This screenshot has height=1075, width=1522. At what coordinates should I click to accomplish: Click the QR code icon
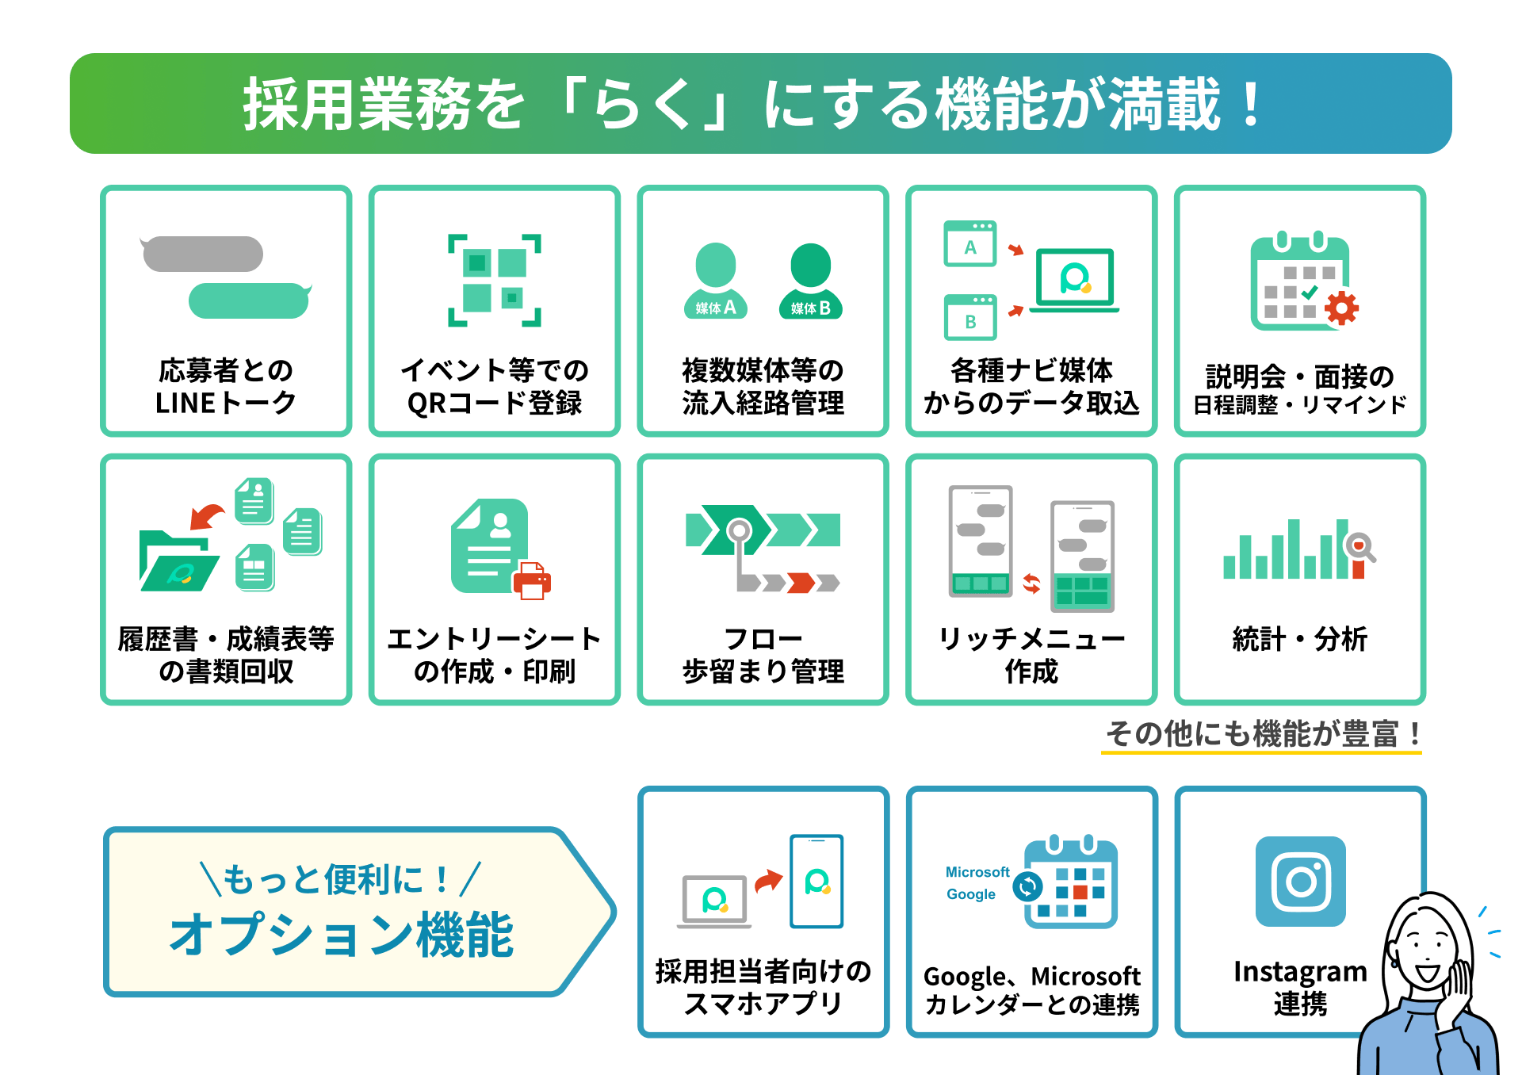pyautogui.click(x=495, y=280)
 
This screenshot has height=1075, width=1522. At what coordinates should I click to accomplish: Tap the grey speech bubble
pyautogui.click(x=203, y=254)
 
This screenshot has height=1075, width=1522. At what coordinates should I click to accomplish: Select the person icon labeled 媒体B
pyautogui.click(x=810, y=282)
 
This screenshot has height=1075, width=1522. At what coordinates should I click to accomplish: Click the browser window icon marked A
pyautogui.click(x=970, y=244)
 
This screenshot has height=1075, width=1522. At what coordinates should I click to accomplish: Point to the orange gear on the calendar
pyautogui.click(x=1341, y=308)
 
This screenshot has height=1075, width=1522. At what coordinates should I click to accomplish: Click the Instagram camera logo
pyautogui.click(x=1301, y=882)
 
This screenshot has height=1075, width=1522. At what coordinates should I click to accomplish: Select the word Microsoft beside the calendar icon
pyautogui.click(x=977, y=872)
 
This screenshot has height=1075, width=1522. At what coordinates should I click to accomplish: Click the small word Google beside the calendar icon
pyautogui.click(x=971, y=894)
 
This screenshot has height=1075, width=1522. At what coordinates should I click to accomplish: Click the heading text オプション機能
pyautogui.click(x=342, y=935)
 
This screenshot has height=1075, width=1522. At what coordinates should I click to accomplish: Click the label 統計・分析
pyautogui.click(x=1300, y=638)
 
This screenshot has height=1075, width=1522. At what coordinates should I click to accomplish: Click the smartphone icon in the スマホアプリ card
pyautogui.click(x=816, y=881)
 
